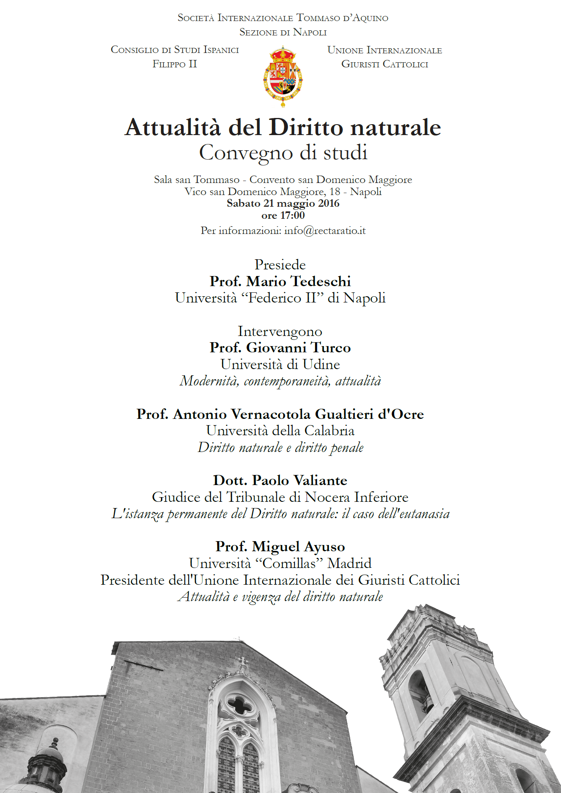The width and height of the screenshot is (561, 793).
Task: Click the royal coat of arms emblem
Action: pyautogui.click(x=283, y=76)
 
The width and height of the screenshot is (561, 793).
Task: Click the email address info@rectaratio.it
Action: pyautogui.click(x=325, y=231)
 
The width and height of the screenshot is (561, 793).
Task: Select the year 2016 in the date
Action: pyautogui.click(x=329, y=204)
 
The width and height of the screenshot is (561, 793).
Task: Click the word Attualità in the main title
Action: pyautogui.click(x=173, y=128)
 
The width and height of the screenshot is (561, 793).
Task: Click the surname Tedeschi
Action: pyautogui.click(x=321, y=281)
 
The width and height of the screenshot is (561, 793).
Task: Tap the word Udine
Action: pyautogui.click(x=321, y=364)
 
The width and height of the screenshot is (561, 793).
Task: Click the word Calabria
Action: pyautogui.click(x=329, y=431)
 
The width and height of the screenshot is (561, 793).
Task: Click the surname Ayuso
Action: pyautogui.click(x=324, y=547)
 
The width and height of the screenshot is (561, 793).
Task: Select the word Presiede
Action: pyautogui.click(x=280, y=265)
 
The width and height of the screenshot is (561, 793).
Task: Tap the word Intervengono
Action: pyautogui.click(x=280, y=331)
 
